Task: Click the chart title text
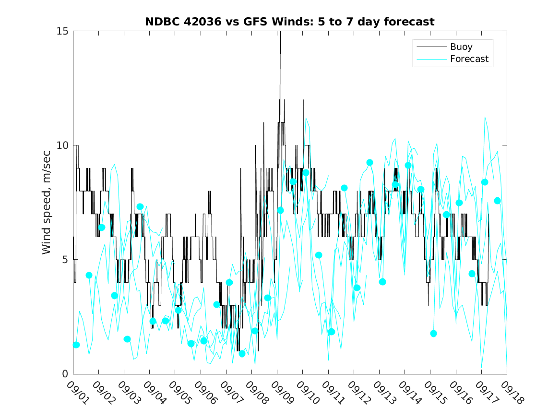pos(290,22)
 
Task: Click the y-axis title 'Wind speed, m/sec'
pos(47,202)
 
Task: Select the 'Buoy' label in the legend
pos(461,47)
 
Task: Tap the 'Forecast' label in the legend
pos(469,59)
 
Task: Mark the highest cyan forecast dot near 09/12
pos(369,163)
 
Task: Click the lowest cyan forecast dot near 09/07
pos(242,354)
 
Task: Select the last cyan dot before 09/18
pos(497,201)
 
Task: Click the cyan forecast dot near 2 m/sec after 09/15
pos(433,334)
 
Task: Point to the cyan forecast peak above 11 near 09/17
pos(485,117)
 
